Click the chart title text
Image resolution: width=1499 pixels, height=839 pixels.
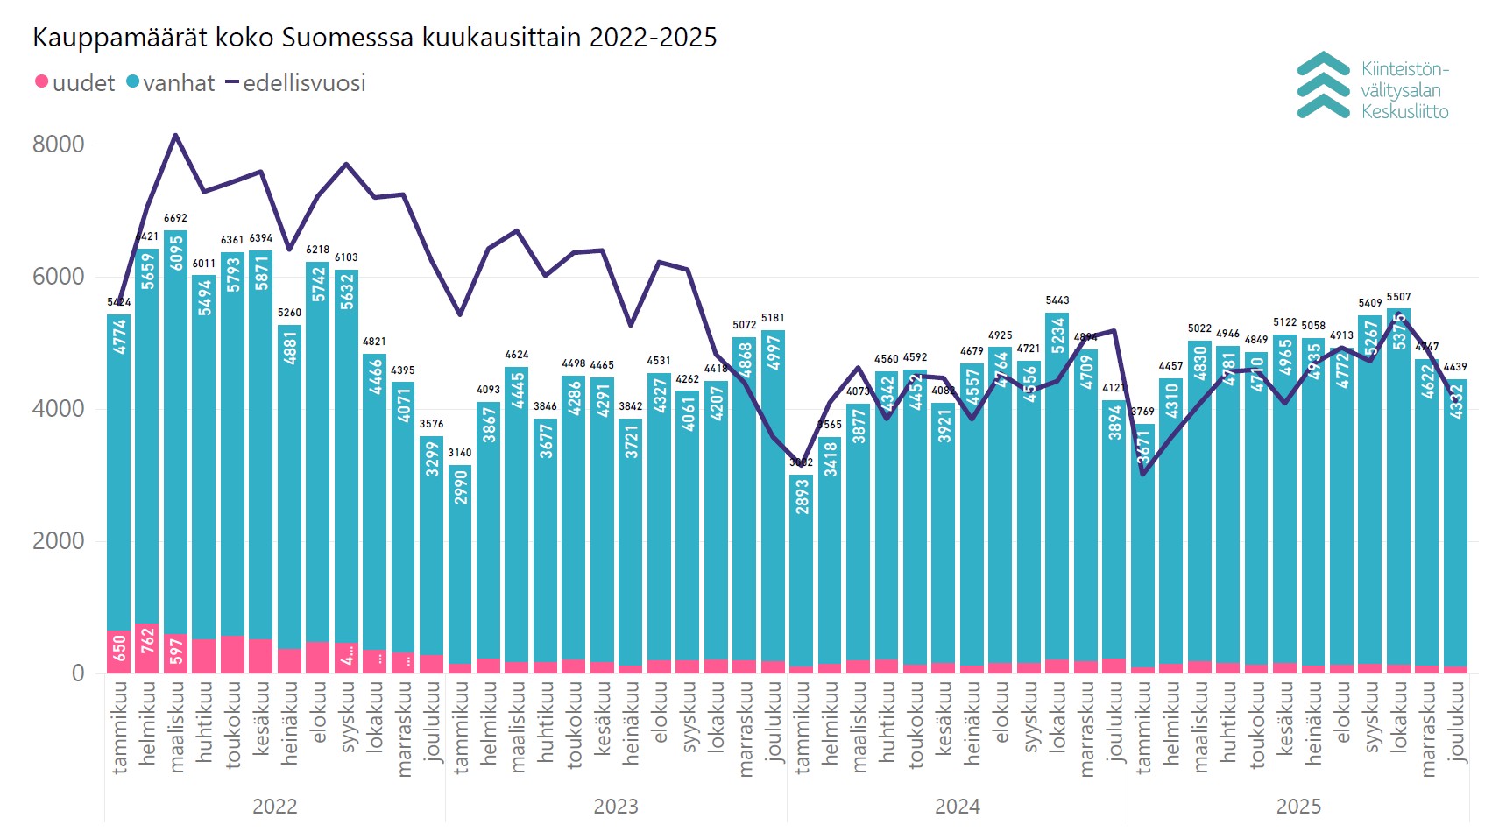374,38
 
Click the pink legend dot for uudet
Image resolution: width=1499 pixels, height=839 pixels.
41,82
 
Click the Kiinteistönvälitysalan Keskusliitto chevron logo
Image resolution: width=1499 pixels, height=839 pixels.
1322,85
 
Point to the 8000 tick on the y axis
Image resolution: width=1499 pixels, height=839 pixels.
59,145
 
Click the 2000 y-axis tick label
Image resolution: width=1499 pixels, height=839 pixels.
59,541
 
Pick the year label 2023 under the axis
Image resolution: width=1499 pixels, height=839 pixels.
616,807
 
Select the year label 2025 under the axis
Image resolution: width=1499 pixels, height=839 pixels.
1298,807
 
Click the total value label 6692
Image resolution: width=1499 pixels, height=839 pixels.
175,218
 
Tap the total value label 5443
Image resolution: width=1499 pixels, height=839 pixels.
1057,300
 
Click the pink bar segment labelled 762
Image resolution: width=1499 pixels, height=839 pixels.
147,648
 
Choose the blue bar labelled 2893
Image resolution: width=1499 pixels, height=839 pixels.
801,569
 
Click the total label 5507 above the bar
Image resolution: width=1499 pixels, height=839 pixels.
1398,297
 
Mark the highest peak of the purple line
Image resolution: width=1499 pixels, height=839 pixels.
175,135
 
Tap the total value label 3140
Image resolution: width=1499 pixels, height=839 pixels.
460,453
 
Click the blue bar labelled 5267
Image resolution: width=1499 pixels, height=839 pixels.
1369,490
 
